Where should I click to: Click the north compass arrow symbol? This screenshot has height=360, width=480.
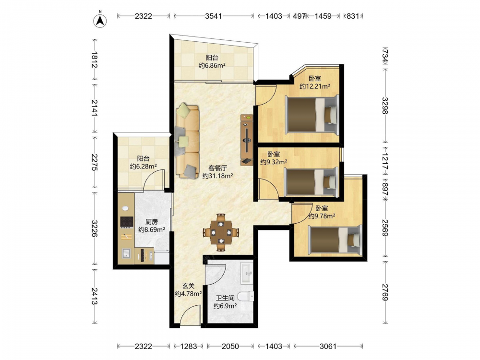100,20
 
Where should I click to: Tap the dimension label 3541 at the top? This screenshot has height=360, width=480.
214,16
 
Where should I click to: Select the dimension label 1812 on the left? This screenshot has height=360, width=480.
94,60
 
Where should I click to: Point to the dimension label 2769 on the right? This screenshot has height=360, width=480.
385,292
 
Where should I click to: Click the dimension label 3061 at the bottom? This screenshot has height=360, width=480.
328,346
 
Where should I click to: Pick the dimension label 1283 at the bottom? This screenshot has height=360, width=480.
189,346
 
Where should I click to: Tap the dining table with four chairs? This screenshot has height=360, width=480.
221,232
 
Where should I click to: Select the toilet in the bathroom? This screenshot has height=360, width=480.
246,296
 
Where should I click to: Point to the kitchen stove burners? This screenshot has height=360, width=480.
127,222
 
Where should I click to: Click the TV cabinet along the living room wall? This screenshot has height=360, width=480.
247,140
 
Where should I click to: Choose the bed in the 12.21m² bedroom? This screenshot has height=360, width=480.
312,115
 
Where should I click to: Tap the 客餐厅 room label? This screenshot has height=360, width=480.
217,168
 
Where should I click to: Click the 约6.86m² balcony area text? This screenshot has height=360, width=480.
212,65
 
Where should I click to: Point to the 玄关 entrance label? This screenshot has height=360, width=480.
189,286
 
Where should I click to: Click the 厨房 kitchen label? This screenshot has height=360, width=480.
152,222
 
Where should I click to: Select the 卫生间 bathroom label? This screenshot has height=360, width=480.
225,298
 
